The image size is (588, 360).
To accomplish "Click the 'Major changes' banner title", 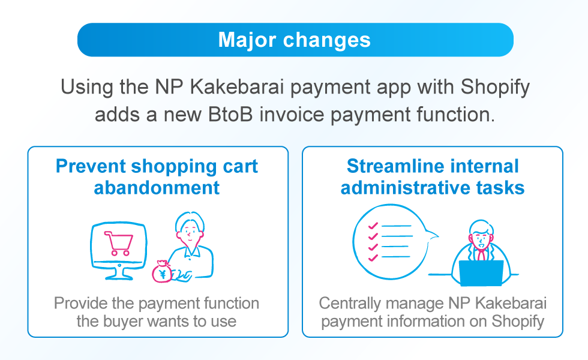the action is click(x=295, y=40).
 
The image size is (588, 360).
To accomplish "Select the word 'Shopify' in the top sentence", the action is click(x=495, y=88).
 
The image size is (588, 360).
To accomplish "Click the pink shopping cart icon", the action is click(x=119, y=244).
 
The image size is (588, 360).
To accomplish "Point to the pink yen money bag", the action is click(x=162, y=271).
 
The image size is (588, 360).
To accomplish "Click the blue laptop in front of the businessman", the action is click(x=481, y=272).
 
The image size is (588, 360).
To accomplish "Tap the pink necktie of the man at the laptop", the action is click(x=481, y=255).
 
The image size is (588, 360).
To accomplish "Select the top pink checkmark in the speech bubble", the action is click(x=373, y=226).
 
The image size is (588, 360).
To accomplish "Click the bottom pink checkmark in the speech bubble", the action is click(x=373, y=257).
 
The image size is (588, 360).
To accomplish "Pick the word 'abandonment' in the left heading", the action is click(x=157, y=188).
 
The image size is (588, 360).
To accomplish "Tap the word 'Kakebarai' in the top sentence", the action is click(x=237, y=87).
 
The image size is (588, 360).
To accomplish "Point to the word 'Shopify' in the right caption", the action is click(x=518, y=322).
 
